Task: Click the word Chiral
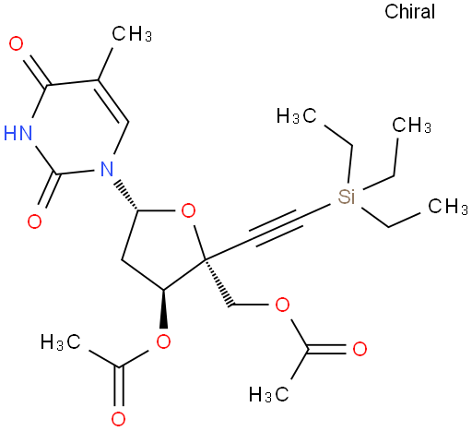pyautogui.click(x=409, y=12)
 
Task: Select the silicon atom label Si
pyautogui.click(x=347, y=197)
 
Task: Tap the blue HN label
pyautogui.click(x=18, y=133)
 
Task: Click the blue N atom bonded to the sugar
pyautogui.click(x=107, y=168)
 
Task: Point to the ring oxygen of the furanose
pyautogui.click(x=188, y=211)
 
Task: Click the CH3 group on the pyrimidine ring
pyautogui.click(x=132, y=33)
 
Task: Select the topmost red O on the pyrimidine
pyautogui.click(x=16, y=43)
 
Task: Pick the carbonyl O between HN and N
pyautogui.click(x=34, y=221)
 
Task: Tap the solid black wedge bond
pyautogui.click(x=164, y=308)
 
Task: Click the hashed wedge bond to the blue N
pyautogui.click(x=125, y=196)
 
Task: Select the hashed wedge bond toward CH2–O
pyautogui.click(x=218, y=283)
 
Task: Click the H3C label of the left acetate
pyautogui.click(x=61, y=341)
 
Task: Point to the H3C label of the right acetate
pyautogui.click(x=269, y=394)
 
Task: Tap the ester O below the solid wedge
pyautogui.click(x=163, y=341)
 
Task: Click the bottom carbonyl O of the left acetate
pyautogui.click(x=118, y=419)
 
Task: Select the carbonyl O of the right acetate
pyautogui.click(x=360, y=349)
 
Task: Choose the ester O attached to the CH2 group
pyautogui.click(x=282, y=305)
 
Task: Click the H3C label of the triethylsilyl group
pyautogui.click(x=296, y=115)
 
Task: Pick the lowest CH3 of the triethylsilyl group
pyautogui.click(x=448, y=206)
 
